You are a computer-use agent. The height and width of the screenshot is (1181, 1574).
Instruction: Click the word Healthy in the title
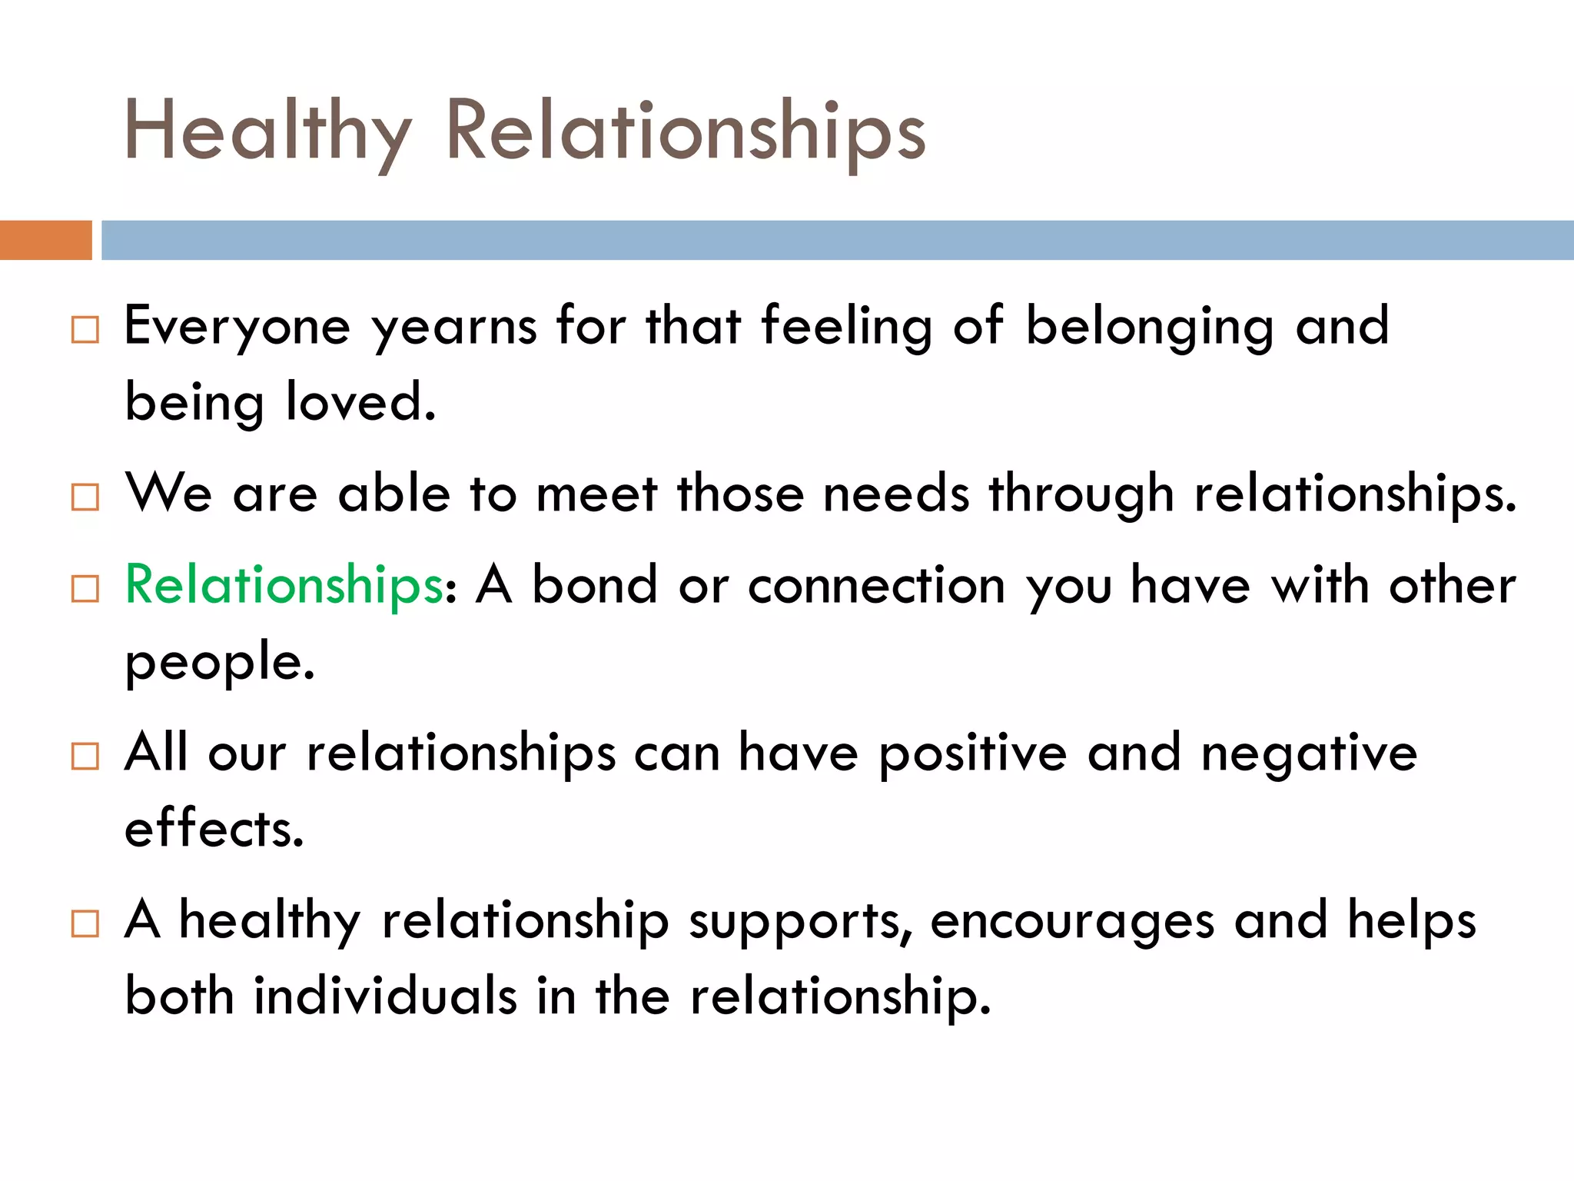tap(267, 132)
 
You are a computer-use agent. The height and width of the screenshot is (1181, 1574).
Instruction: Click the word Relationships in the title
tap(686, 132)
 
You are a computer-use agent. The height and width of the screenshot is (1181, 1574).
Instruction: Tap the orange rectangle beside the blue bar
tap(45, 240)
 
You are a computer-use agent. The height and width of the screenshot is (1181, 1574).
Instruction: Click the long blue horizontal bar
tap(836, 240)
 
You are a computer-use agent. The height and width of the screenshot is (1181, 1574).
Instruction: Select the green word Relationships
tap(284, 586)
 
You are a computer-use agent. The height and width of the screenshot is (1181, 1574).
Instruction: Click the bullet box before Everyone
tap(85, 330)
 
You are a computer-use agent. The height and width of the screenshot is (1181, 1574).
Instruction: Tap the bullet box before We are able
tap(85, 497)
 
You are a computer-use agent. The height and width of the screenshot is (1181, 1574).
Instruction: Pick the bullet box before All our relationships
tap(85, 756)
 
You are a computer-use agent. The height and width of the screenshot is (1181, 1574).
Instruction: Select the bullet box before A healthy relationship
tap(85, 923)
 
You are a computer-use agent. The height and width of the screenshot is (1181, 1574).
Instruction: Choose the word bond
tap(595, 586)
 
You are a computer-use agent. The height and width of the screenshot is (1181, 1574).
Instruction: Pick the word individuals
tap(385, 996)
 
